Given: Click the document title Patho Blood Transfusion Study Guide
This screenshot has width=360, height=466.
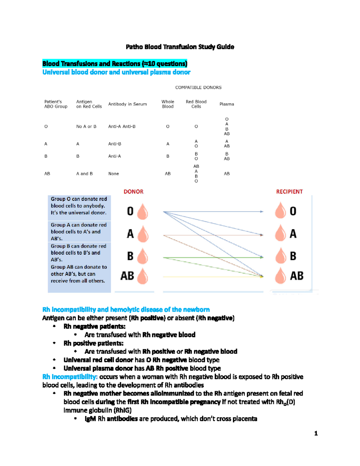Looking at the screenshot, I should (x=180, y=47).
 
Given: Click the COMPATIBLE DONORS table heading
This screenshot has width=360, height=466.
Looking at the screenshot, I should (x=198, y=87).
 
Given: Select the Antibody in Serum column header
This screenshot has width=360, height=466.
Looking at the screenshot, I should (x=127, y=104).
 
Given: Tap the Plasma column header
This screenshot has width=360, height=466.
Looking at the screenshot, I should (x=226, y=104).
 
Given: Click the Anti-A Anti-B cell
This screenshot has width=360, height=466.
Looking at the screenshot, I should (x=122, y=126).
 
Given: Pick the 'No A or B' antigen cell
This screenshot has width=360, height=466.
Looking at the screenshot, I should (x=86, y=126).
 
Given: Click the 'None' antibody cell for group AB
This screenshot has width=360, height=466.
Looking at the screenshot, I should (x=113, y=174).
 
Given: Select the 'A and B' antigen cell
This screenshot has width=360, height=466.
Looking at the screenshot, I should (x=84, y=174).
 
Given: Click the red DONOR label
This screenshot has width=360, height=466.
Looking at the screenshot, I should (x=133, y=192).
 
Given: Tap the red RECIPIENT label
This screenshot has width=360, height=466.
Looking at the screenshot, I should (x=289, y=192).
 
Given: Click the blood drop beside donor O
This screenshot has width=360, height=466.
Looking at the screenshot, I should (x=142, y=212).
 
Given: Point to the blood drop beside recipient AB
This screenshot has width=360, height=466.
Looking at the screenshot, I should (x=280, y=276).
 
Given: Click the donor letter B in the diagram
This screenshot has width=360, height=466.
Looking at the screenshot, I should (x=130, y=256).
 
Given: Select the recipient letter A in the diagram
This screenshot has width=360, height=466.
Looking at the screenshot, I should (x=293, y=234).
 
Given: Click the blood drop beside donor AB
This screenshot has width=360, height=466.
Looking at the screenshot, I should (x=142, y=276).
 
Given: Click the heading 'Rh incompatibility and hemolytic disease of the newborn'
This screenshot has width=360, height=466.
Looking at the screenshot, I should (x=126, y=309).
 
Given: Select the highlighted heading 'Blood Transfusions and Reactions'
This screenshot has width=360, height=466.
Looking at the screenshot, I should (x=115, y=64).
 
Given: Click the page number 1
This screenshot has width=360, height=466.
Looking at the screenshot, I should (x=316, y=433).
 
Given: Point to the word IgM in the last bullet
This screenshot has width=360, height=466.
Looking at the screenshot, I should (x=90, y=419).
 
